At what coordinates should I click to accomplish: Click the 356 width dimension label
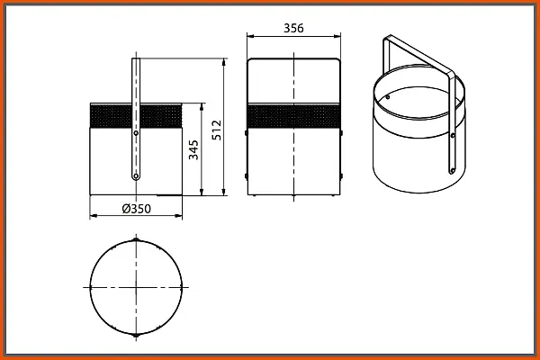point(293,28)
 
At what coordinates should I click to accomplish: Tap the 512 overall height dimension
point(217,130)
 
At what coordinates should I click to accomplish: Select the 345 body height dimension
point(193,150)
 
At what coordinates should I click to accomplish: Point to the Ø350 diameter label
point(137,209)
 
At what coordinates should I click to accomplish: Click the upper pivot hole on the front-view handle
point(136,133)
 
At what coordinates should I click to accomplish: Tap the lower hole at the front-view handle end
point(136,176)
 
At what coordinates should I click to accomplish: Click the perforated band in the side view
point(293,116)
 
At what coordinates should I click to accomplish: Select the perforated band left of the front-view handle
point(111,116)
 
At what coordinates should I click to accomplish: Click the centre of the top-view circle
point(136,287)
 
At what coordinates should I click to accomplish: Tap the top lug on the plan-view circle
point(136,239)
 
